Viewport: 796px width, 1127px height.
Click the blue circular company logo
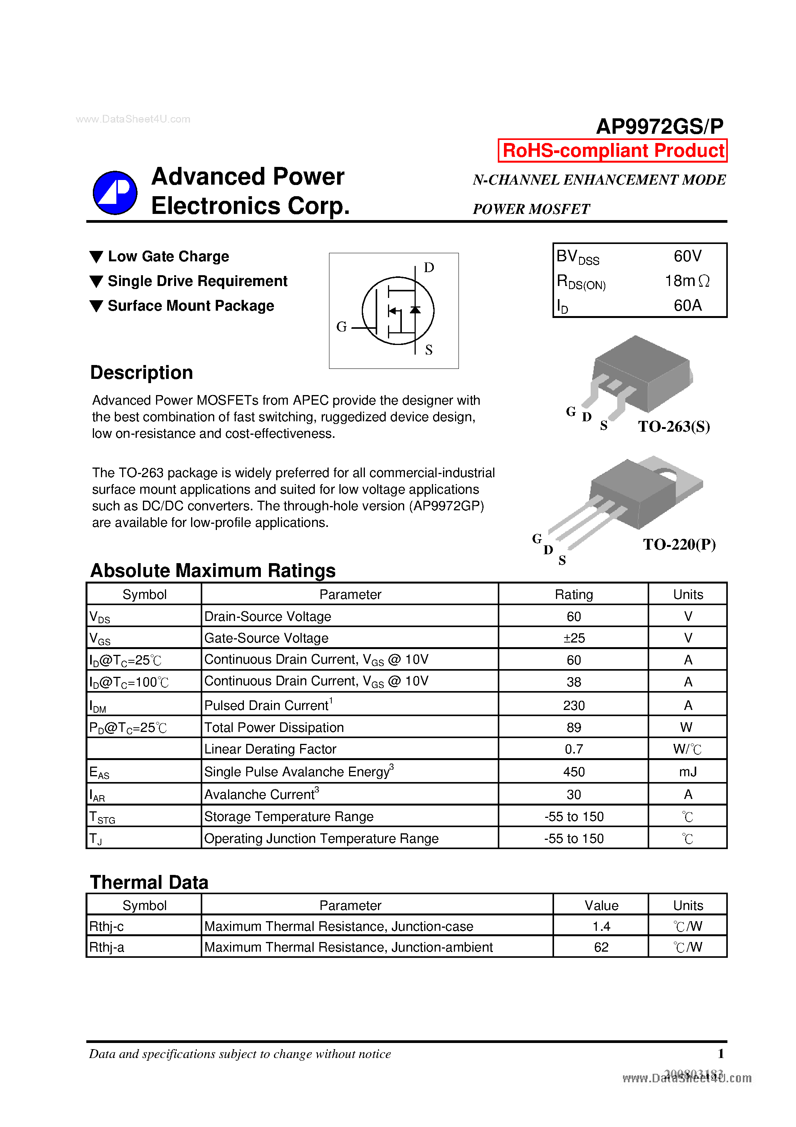pos(115,193)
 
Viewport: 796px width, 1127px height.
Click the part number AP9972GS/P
pos(659,127)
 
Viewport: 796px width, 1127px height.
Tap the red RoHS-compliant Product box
pos(613,151)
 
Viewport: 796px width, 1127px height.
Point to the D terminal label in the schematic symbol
pos(429,267)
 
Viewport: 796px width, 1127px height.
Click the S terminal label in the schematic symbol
pos(429,350)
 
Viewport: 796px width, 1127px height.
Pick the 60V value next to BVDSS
pos(687,256)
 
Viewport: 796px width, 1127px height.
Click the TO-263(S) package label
pos(674,426)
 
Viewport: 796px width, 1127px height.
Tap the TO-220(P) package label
pos(679,544)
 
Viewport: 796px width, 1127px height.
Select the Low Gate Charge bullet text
pos(168,256)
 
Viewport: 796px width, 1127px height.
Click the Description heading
pos(141,373)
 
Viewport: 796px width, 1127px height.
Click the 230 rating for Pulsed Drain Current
pos(573,705)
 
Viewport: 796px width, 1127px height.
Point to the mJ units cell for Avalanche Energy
pos(688,772)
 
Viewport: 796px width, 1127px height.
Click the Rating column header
pos(573,594)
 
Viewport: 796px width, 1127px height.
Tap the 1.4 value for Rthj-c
pos(601,926)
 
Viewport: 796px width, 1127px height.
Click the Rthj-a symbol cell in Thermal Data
pos(106,947)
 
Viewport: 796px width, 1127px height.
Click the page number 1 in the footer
pos(720,1053)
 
